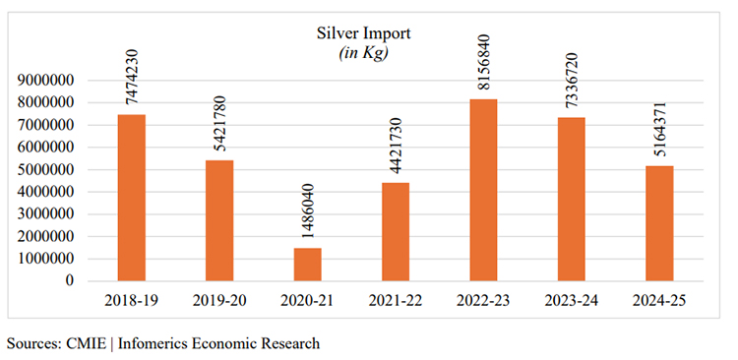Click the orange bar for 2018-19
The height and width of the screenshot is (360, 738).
point(131,198)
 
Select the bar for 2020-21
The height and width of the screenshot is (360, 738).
point(307,264)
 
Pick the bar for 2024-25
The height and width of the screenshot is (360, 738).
point(658,223)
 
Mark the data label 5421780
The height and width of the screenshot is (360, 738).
point(219,126)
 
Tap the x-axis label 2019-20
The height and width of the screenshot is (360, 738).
point(219,300)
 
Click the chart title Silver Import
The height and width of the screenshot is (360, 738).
point(363,33)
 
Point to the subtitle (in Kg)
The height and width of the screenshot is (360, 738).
point(363,52)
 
